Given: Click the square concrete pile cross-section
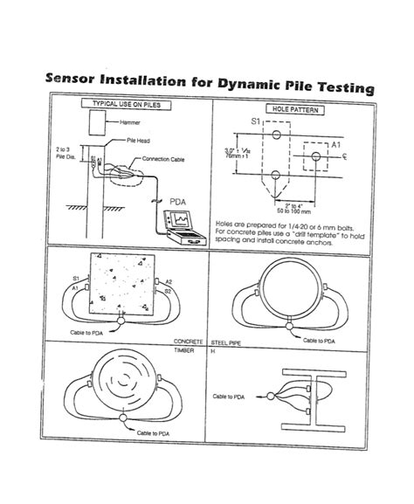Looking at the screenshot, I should [121, 287].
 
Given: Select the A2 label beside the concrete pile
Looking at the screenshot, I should [169, 281].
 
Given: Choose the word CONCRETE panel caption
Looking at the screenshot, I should [189, 342].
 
